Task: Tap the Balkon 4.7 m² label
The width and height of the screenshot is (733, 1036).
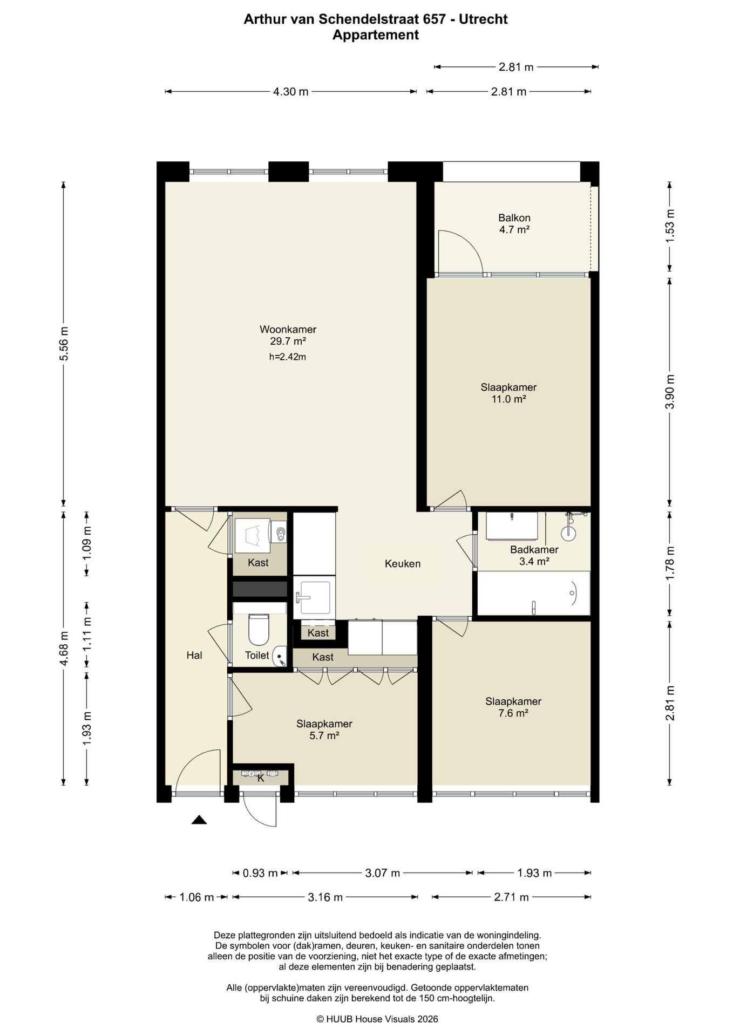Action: (x=514, y=224)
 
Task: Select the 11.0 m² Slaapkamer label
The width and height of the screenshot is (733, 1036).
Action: (x=508, y=393)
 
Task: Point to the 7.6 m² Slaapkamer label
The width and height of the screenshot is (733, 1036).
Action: (x=513, y=707)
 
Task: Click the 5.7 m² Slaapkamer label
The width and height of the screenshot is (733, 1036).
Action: (x=324, y=730)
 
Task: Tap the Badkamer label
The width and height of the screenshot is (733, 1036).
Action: (x=534, y=550)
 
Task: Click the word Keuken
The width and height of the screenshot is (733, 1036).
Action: (x=403, y=564)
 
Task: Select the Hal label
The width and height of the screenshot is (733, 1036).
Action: (x=194, y=655)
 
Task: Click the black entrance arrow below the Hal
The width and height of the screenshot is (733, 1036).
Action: (x=199, y=820)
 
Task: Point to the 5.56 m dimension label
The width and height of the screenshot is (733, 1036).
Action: (x=64, y=344)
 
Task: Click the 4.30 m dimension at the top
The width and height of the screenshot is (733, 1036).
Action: (x=290, y=92)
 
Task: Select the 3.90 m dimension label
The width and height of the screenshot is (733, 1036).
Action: (x=670, y=392)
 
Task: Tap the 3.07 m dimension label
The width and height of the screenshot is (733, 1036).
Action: (x=382, y=873)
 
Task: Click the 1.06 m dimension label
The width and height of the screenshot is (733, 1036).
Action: (x=196, y=897)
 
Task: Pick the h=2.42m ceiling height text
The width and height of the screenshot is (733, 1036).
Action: (x=288, y=357)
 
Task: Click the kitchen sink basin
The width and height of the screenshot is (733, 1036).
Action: (x=315, y=597)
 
